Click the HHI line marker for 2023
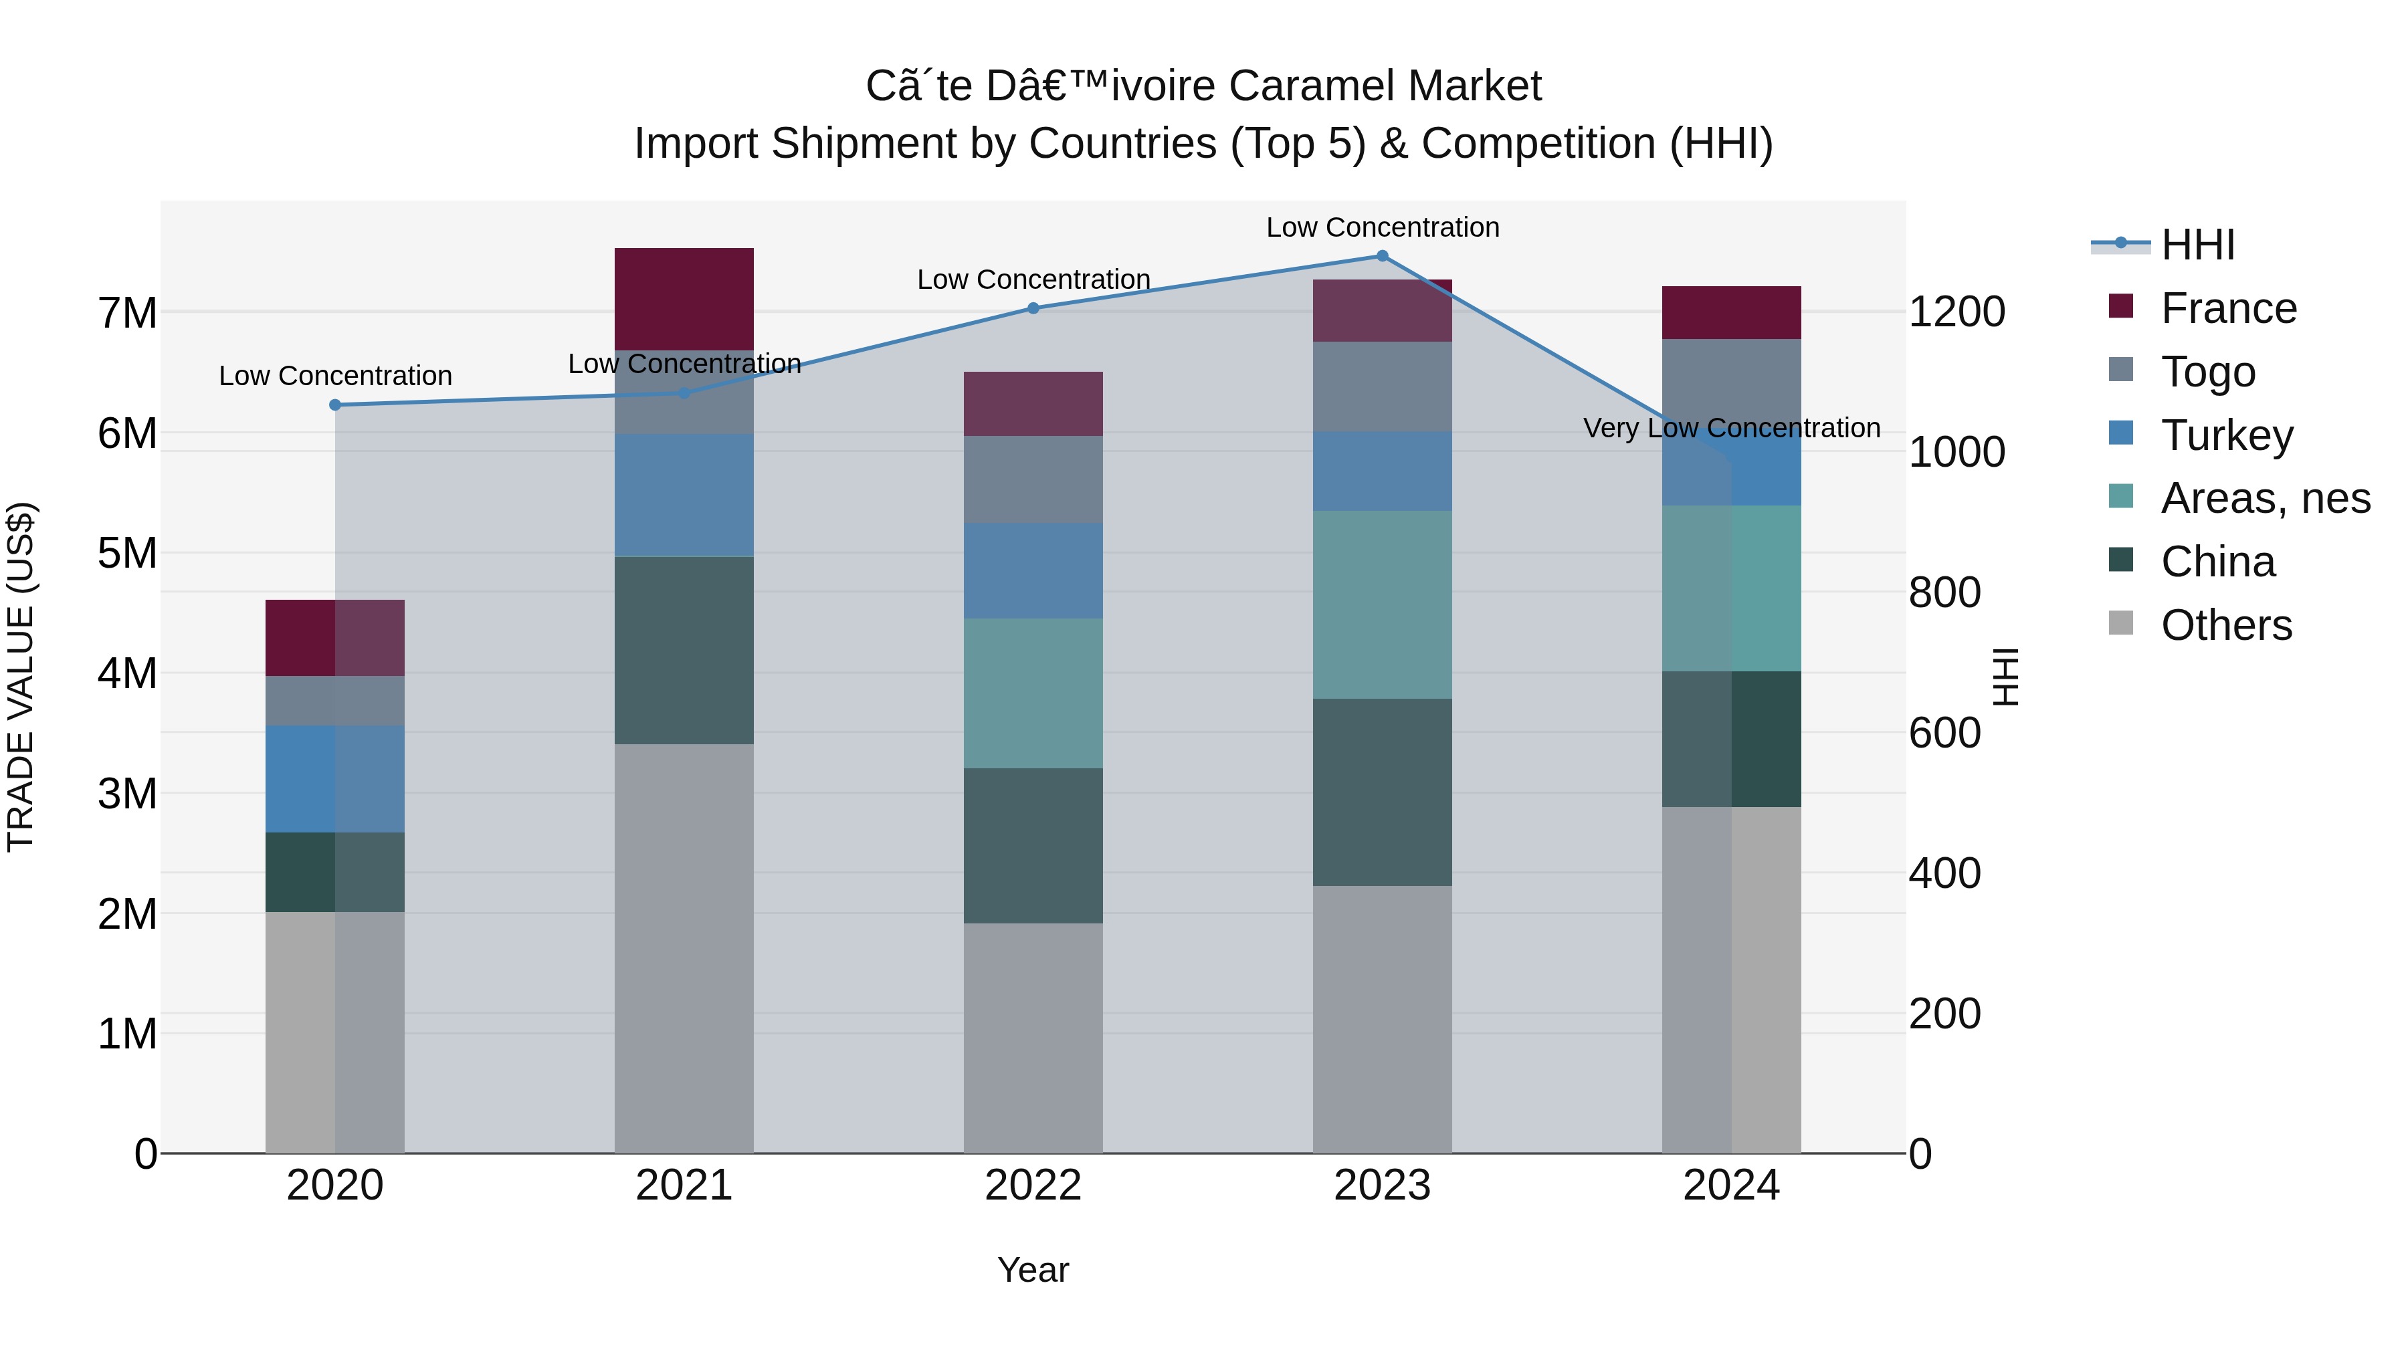pos(1382,256)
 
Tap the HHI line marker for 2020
pos(334,405)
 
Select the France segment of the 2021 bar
pos(684,299)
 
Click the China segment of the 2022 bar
pos(1033,846)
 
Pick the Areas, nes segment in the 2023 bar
pos(1382,604)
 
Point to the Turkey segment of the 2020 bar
pos(334,778)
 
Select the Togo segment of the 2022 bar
pos(1033,479)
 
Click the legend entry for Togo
pos(2207,372)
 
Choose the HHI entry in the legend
pos(2197,245)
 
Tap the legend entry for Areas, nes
pos(2264,498)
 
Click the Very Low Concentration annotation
pos(1731,428)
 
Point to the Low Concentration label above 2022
pos(1033,279)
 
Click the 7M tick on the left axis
pos(127,313)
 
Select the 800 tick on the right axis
pos(1944,592)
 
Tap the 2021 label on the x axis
pos(684,1186)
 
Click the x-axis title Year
pos(1033,1270)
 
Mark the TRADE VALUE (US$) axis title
pos(21,677)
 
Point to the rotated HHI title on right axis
pos(2006,677)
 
